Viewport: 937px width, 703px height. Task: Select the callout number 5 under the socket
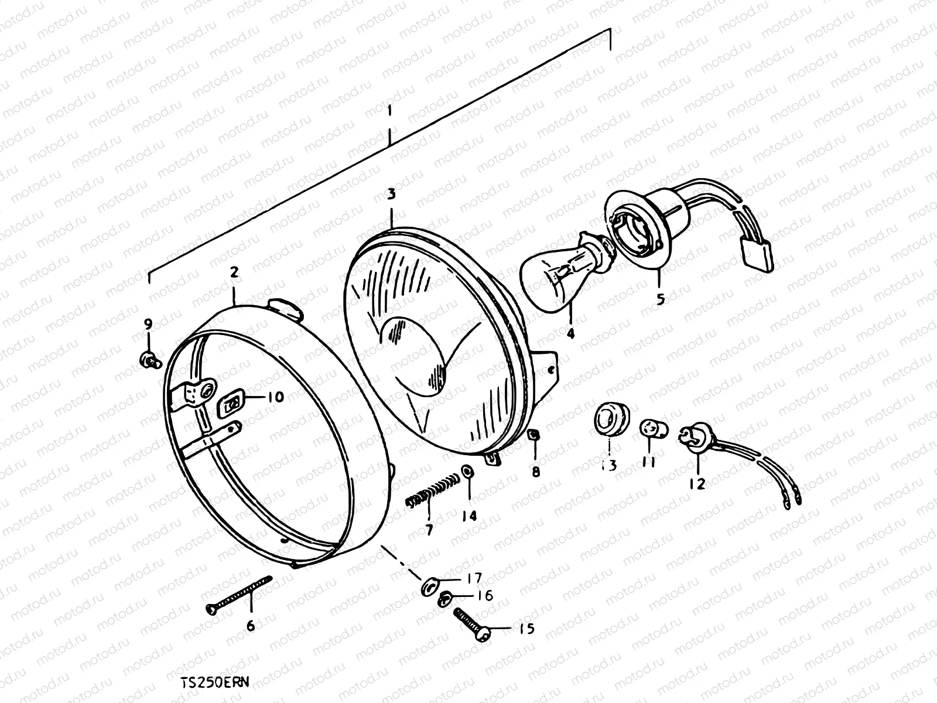point(660,299)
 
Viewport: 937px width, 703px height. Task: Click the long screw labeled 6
point(240,593)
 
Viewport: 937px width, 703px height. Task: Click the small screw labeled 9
point(150,360)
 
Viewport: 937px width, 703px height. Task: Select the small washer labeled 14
point(467,472)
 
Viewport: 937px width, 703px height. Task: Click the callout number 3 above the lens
point(391,194)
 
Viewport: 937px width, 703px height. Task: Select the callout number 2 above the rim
point(234,272)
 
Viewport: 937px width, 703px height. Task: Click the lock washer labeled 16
point(445,598)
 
